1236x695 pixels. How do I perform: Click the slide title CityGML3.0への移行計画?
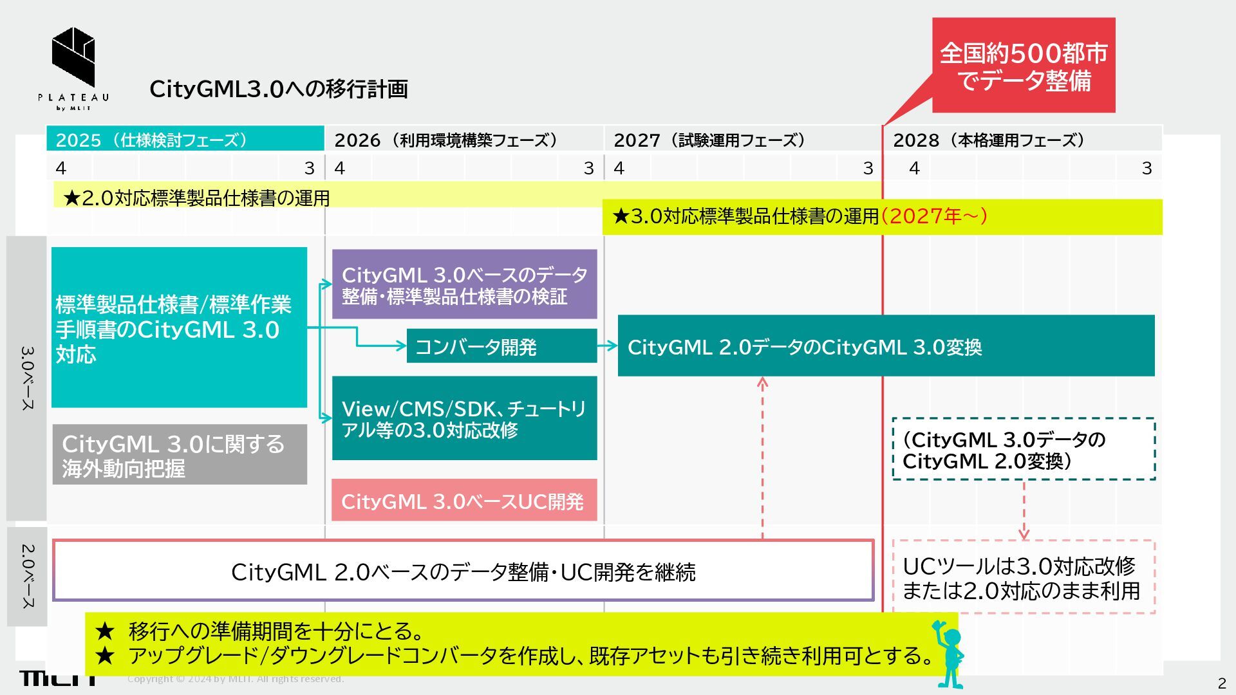point(278,89)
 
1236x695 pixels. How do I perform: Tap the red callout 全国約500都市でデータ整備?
point(1023,66)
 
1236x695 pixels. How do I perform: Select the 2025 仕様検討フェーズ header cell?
point(185,140)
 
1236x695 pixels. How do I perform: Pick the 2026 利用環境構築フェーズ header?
point(464,140)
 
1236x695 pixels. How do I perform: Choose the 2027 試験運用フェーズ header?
point(742,140)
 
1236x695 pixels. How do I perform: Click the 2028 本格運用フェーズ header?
point(1022,140)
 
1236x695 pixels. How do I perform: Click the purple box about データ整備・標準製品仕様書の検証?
point(464,284)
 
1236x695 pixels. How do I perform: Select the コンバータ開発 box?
point(501,347)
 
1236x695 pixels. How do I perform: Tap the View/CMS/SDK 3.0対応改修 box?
point(464,418)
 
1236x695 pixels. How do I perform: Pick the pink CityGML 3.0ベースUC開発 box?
point(464,501)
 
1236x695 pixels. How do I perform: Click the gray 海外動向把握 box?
point(180,454)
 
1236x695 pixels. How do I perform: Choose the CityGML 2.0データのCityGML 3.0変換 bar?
point(886,346)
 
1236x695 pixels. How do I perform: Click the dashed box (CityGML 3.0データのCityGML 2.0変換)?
point(1024,449)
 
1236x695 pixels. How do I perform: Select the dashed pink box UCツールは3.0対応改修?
point(1024,577)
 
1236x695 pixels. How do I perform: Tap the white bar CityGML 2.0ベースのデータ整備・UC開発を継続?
point(463,571)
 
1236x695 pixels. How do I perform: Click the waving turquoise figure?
point(949,653)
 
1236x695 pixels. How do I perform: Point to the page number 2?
point(1221,683)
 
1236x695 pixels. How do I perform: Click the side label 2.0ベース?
point(27,576)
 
